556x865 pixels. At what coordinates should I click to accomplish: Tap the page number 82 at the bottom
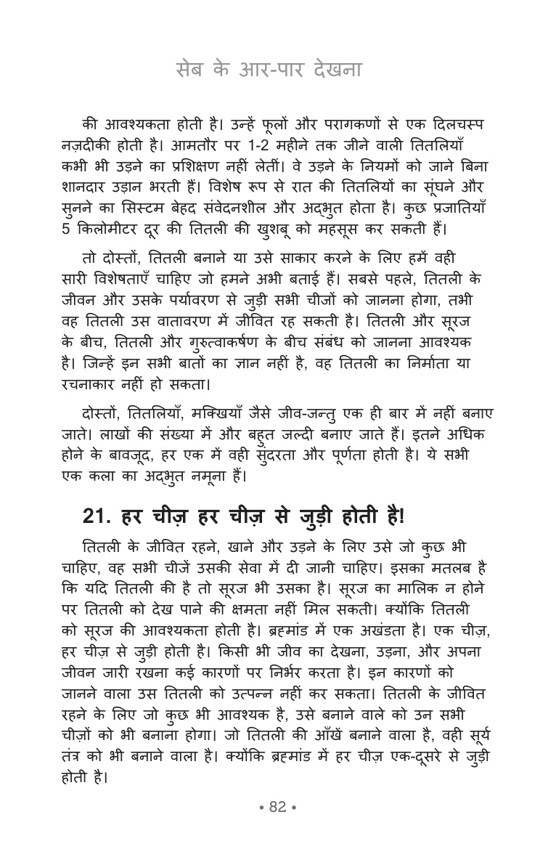coord(278,806)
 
